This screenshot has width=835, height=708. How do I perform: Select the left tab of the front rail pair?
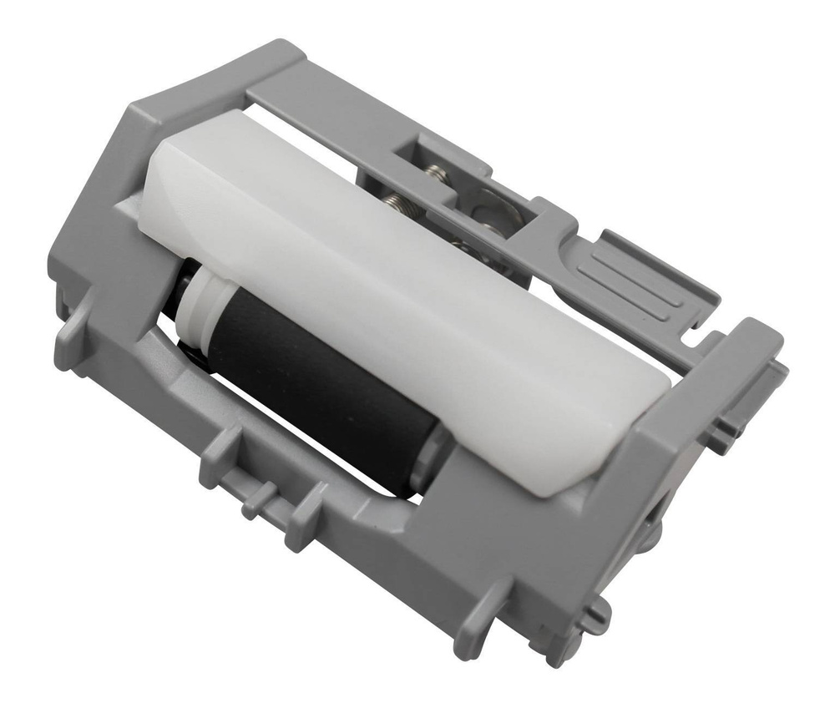215,455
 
